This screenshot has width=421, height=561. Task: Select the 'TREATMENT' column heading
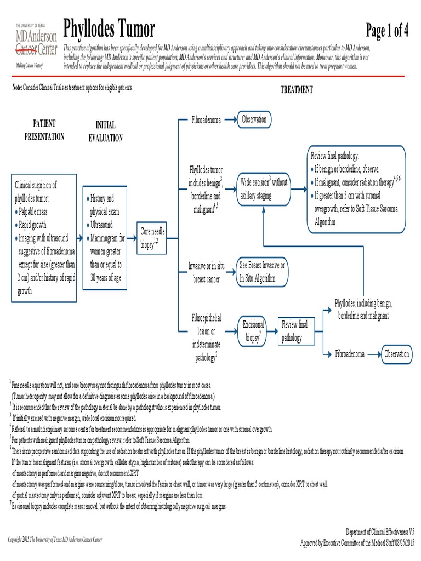coord(297,90)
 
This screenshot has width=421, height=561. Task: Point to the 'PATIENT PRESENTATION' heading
coord(44,130)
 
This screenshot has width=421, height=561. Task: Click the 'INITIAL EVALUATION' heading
coord(106,132)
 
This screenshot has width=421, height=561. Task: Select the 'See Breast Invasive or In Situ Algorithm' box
coord(261,271)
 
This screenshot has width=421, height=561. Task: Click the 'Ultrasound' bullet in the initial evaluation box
coord(101,225)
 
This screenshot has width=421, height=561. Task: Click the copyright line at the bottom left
coord(55,540)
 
